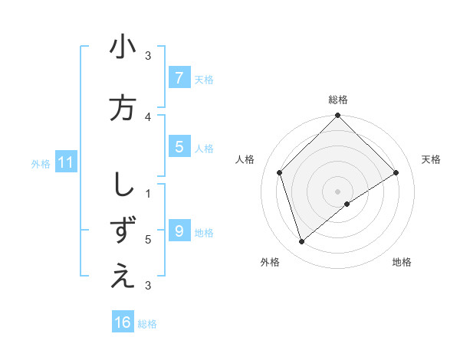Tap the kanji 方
click(123, 107)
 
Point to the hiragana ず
click(123, 230)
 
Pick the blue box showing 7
click(179, 78)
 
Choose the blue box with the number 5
click(179, 147)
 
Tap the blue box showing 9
click(179, 231)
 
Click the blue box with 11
click(66, 162)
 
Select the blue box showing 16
click(123, 322)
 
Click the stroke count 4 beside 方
click(149, 117)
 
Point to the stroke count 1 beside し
click(149, 194)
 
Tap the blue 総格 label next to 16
click(147, 324)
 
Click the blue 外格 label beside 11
click(41, 163)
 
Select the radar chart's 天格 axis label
click(432, 159)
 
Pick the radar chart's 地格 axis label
click(402, 262)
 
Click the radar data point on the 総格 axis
click(337, 116)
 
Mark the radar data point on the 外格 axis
click(302, 242)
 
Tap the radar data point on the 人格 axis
click(280, 172)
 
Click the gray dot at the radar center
click(337, 191)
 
